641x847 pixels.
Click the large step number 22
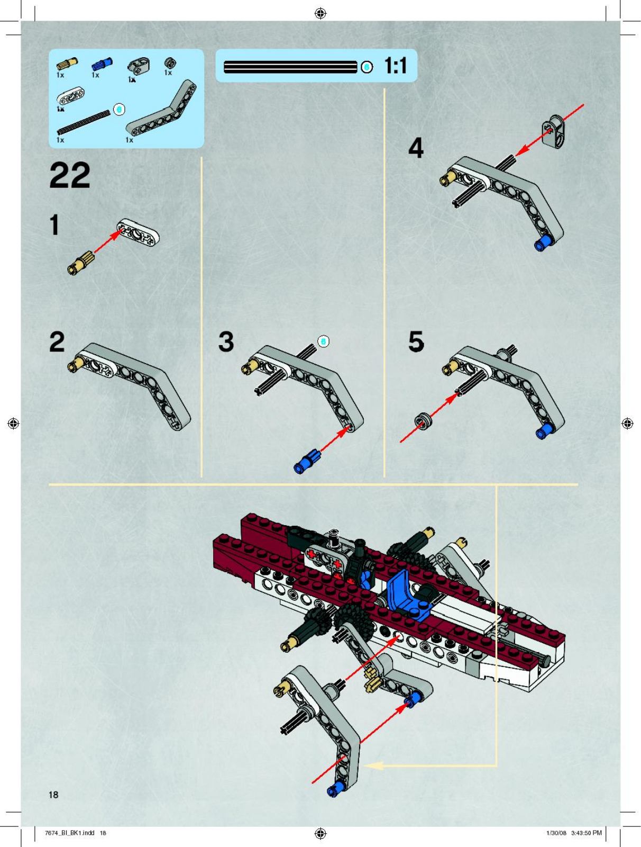(x=70, y=175)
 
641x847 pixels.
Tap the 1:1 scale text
(x=396, y=66)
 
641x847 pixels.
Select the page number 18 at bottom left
(x=53, y=795)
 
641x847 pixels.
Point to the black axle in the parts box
(x=83, y=122)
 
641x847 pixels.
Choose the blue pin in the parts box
(x=102, y=64)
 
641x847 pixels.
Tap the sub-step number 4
(x=416, y=148)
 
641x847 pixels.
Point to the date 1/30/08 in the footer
(x=556, y=833)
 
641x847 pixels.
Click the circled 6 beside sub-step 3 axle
(x=323, y=341)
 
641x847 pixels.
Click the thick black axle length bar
(x=290, y=67)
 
